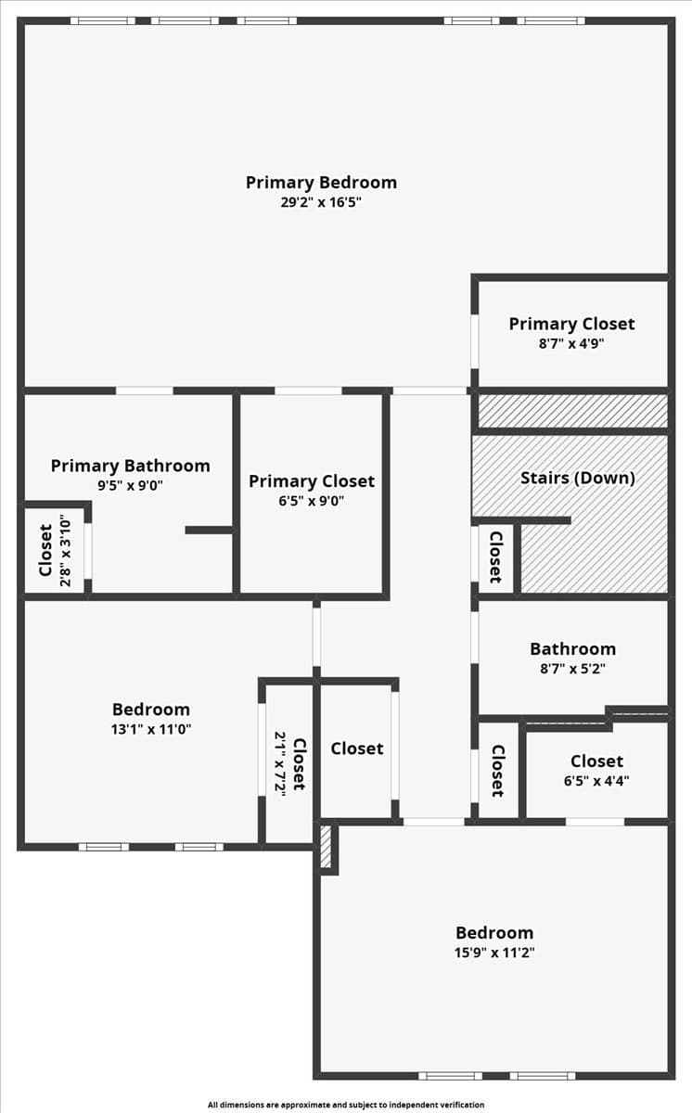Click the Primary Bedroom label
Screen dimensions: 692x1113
pos(321,183)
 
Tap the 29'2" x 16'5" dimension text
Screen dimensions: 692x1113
pos(321,202)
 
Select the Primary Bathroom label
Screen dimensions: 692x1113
pos(130,466)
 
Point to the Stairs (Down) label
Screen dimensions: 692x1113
pos(577,478)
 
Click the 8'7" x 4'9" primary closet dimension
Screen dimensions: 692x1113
pos(571,343)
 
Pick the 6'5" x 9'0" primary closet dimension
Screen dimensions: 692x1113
pos(311,500)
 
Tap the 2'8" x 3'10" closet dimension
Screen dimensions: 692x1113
pos(66,553)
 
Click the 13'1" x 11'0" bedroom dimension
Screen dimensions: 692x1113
pos(151,729)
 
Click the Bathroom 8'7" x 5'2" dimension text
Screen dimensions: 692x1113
pos(572,669)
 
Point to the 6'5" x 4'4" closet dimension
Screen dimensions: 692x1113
pos(596,781)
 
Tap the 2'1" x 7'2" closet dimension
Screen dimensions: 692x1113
pos(281,764)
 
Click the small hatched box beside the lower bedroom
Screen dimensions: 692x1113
pos(326,847)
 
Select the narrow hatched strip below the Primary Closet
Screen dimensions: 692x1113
pos(572,411)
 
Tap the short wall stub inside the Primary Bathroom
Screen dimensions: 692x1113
pos(209,531)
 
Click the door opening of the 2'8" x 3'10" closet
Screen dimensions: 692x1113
pos(88,551)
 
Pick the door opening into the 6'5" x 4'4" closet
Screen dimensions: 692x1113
pos(595,822)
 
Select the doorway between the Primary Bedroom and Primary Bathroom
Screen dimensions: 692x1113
pos(145,391)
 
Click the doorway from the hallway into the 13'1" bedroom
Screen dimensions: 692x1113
pos(316,637)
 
